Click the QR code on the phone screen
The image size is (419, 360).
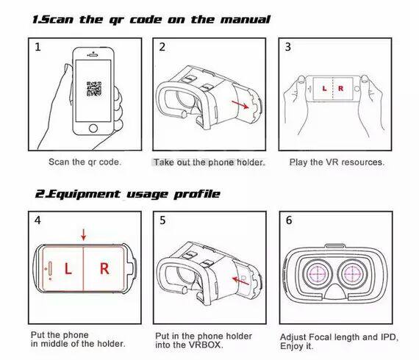[94, 89]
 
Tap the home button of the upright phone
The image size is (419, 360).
[93, 128]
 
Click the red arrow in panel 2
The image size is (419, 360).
[240, 104]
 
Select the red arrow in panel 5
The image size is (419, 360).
[241, 281]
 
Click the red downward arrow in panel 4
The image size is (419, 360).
[84, 234]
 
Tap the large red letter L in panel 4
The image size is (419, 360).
[68, 268]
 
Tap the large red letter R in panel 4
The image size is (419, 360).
[104, 268]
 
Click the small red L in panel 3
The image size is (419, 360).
[324, 88]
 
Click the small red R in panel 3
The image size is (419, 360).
[340, 88]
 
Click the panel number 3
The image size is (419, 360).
[288, 47]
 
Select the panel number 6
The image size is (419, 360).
[289, 220]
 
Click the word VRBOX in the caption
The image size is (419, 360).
[205, 345]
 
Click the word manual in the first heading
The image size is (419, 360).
[246, 20]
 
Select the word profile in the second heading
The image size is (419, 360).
[197, 195]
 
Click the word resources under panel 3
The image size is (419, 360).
[362, 162]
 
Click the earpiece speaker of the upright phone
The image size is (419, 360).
[93, 56]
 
